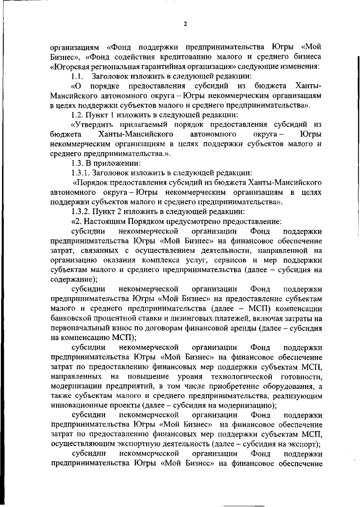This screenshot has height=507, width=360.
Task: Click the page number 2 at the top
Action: click(x=185, y=24)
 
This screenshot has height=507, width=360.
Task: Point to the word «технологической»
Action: click(x=241, y=377)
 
